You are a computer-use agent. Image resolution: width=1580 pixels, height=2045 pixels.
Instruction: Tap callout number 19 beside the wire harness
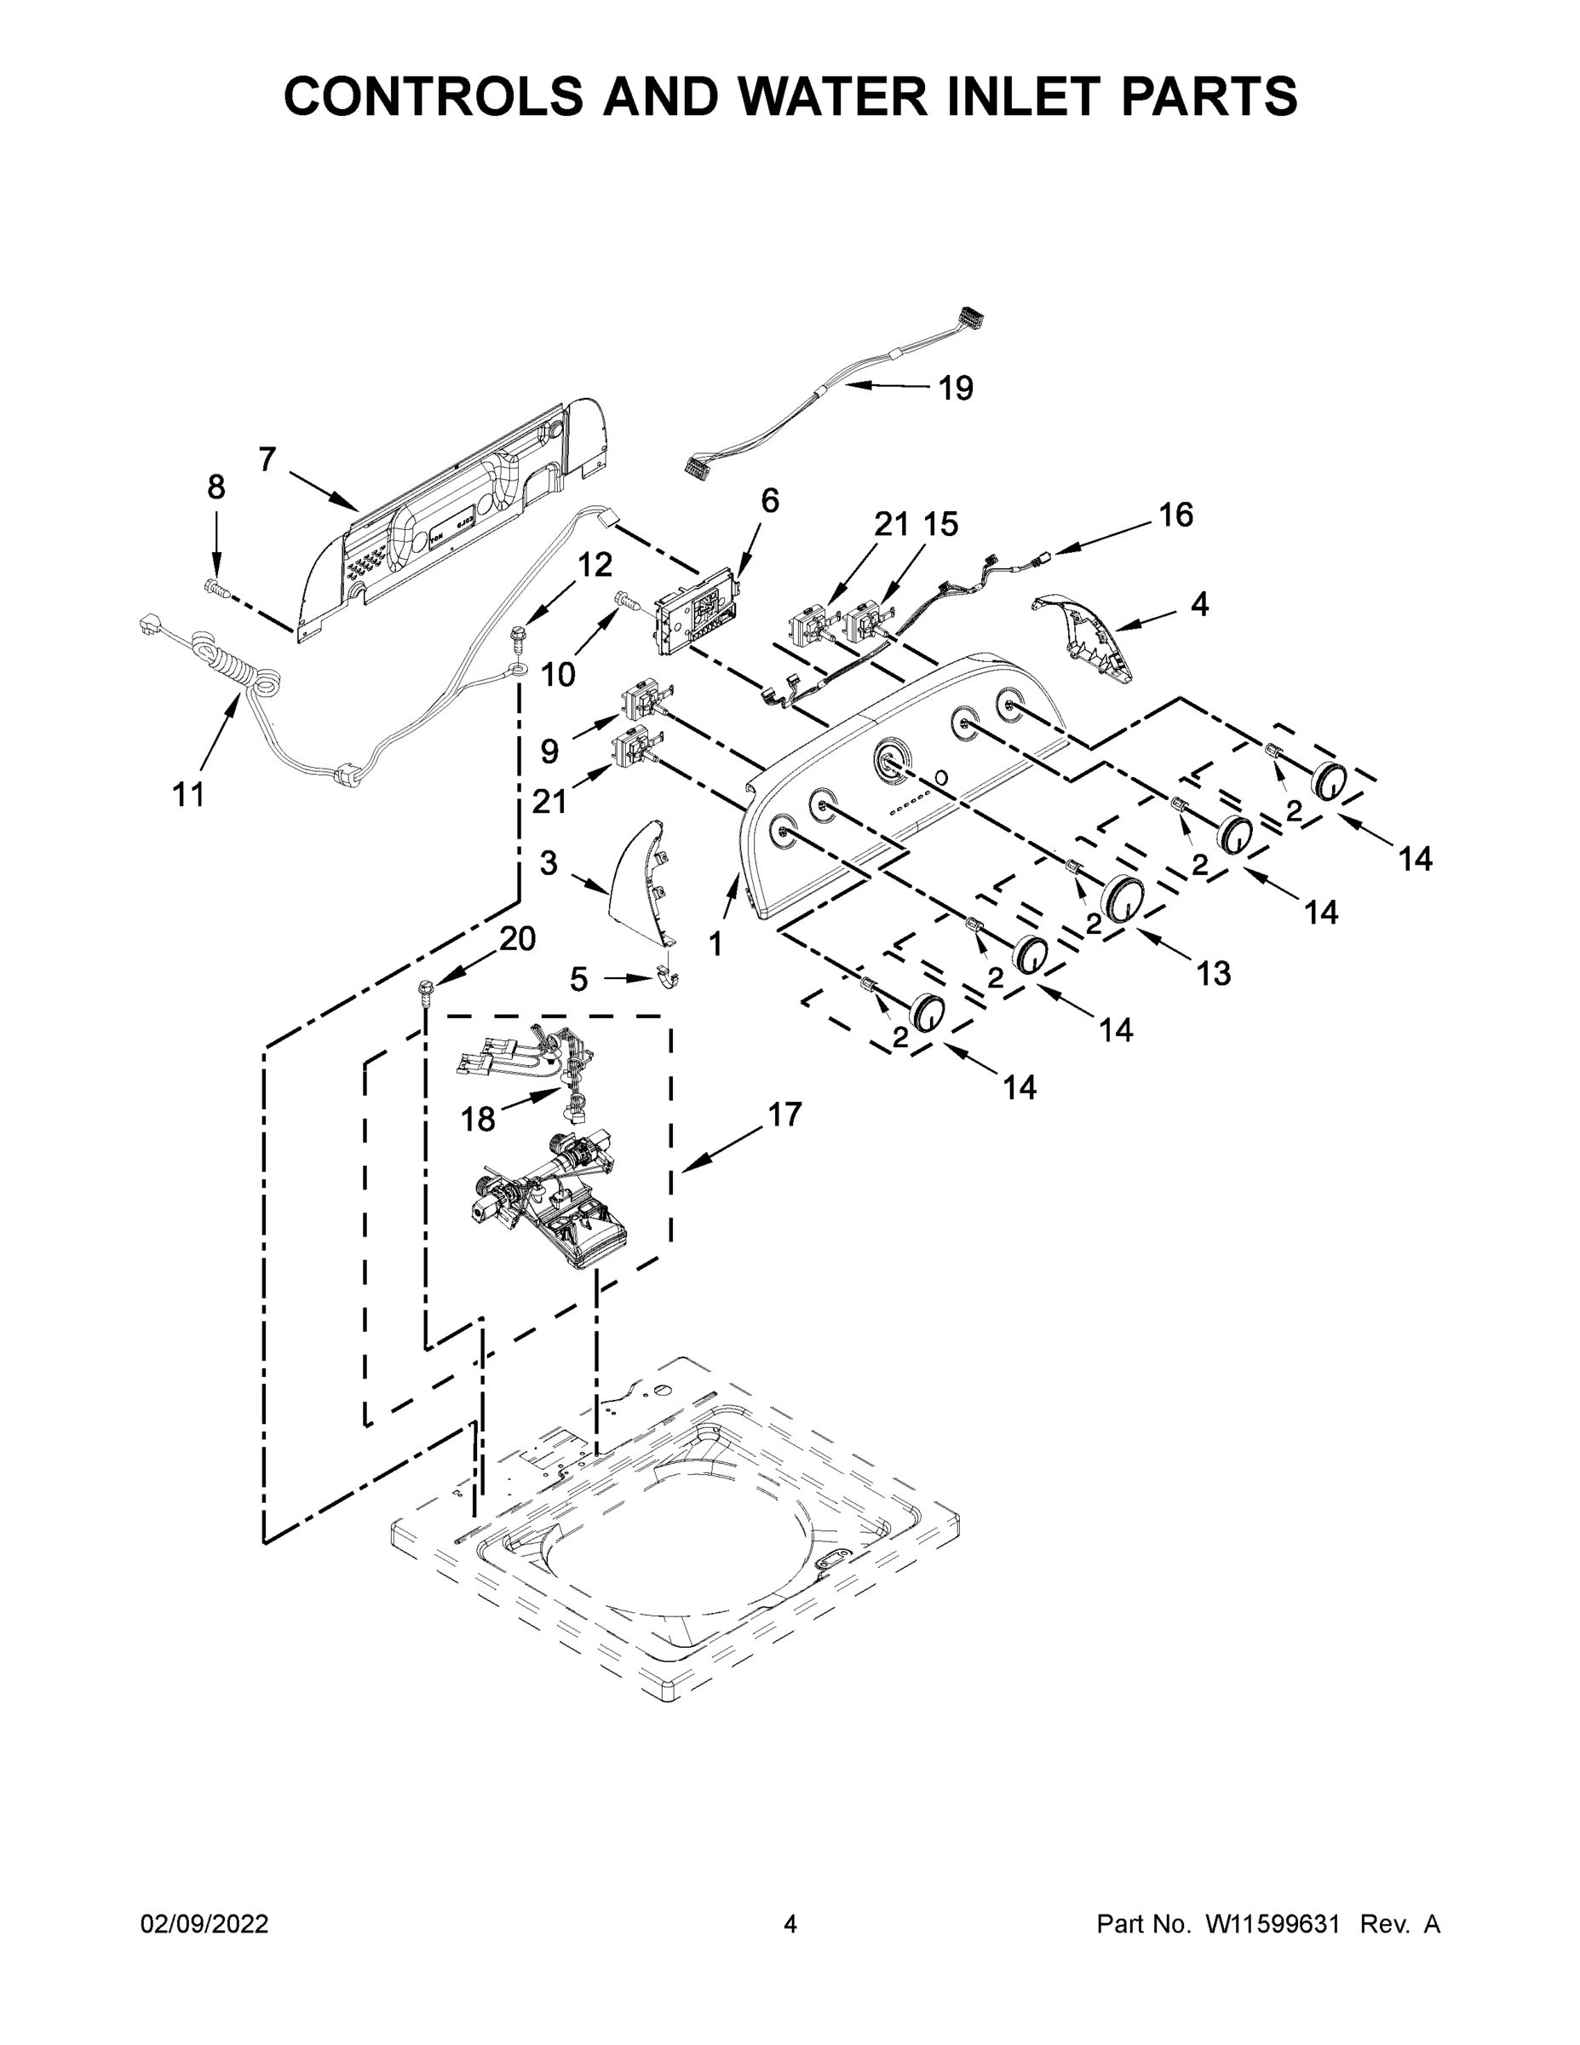(955, 388)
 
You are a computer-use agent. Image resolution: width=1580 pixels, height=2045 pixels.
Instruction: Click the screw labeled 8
(216, 588)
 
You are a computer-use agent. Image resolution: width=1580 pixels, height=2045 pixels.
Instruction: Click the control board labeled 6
(693, 614)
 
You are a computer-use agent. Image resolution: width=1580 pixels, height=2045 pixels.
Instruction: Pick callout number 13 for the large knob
(1212, 974)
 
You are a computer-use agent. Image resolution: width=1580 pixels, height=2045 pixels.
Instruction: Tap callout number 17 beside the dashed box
(784, 1115)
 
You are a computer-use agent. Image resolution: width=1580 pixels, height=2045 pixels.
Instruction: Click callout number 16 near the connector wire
(1175, 514)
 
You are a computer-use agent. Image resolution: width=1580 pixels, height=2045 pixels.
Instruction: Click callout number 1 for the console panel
(716, 945)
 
